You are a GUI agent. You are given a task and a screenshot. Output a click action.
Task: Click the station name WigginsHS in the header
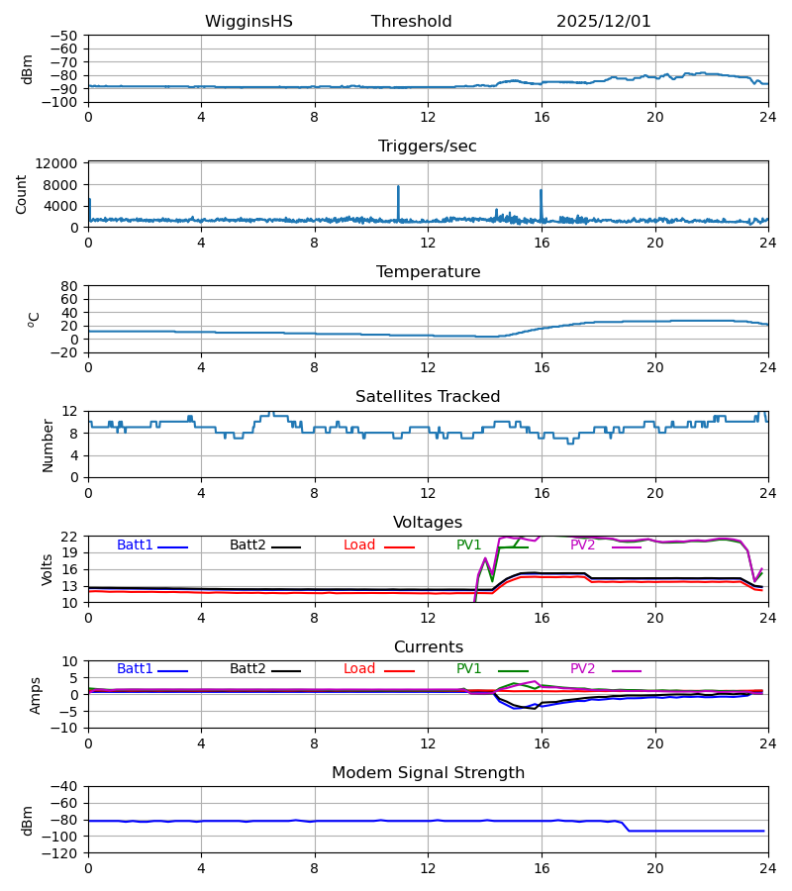[248, 22]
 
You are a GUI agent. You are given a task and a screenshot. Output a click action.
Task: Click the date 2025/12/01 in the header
[603, 22]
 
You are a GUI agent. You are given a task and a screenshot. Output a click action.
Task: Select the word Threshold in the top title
[411, 22]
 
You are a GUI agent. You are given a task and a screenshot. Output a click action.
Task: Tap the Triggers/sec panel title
[427, 147]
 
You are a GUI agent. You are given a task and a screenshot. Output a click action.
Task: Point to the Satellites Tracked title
[427, 397]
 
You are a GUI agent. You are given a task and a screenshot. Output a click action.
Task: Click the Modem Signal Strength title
[427, 773]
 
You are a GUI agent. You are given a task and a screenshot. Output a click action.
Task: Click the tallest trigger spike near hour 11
[398, 187]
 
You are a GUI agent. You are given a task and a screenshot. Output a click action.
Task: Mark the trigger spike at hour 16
[541, 191]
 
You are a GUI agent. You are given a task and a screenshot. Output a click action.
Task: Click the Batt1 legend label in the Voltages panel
[135, 545]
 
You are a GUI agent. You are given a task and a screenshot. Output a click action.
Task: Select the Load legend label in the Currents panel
[359, 669]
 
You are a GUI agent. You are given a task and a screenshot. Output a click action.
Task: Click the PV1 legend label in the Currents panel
[469, 669]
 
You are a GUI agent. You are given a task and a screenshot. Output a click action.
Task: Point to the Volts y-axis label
[49, 569]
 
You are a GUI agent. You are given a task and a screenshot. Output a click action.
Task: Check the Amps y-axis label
[37, 695]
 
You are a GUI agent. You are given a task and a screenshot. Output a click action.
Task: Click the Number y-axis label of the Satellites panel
[49, 445]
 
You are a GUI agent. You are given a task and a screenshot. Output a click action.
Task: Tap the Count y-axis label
[22, 194]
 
